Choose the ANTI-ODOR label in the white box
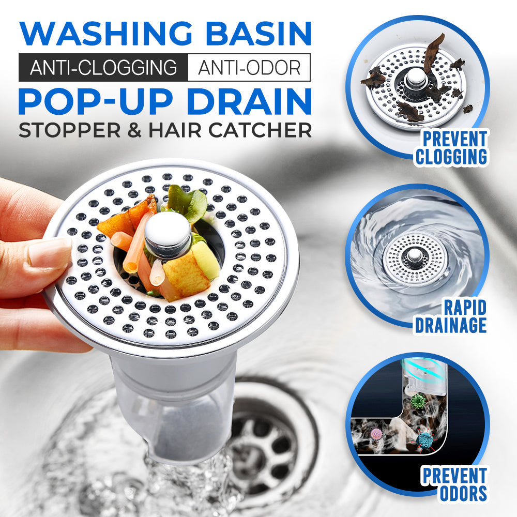tap(249, 68)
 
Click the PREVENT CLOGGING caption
tap(451, 148)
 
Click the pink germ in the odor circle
tap(376, 434)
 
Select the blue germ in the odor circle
tap(425, 440)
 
